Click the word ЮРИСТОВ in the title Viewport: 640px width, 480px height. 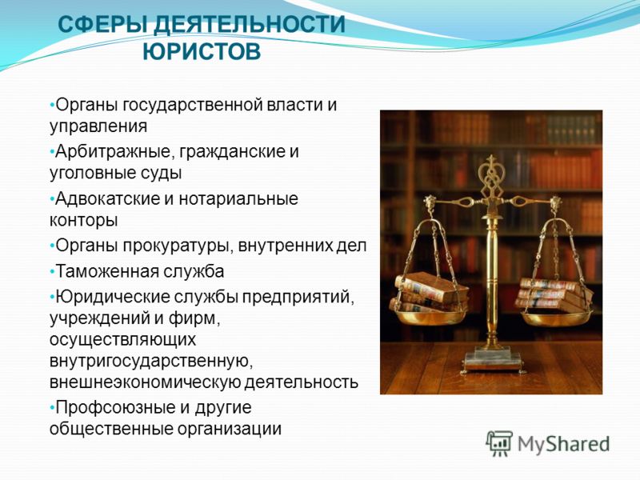202,52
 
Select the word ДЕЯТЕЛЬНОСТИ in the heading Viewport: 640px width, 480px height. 250,24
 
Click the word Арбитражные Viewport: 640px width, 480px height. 112,152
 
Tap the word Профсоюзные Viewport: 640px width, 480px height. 112,407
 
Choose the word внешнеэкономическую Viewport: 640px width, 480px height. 145,382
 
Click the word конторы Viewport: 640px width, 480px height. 84,221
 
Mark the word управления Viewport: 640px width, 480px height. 98,126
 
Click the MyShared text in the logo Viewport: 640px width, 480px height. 564,444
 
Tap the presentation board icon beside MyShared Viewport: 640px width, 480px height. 498,443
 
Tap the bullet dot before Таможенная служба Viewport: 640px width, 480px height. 52,272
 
